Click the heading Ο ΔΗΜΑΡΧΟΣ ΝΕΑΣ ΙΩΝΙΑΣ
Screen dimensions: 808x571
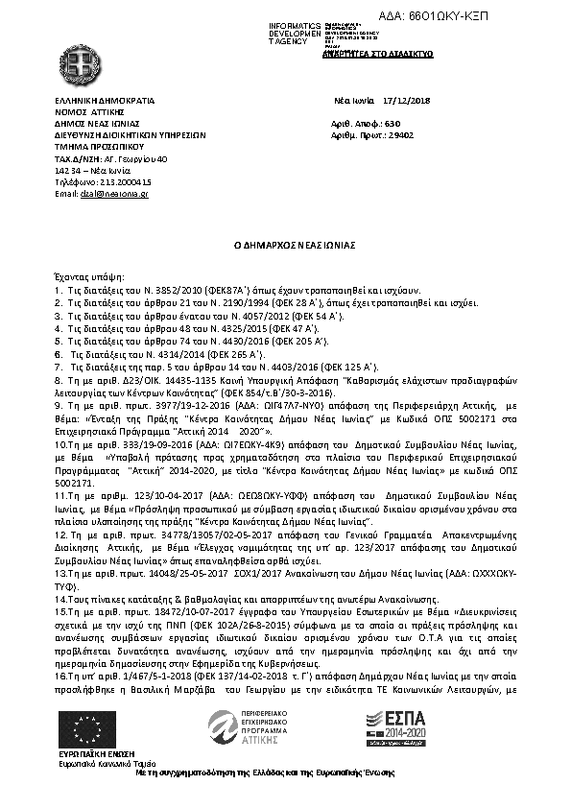pyautogui.click(x=289, y=246)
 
